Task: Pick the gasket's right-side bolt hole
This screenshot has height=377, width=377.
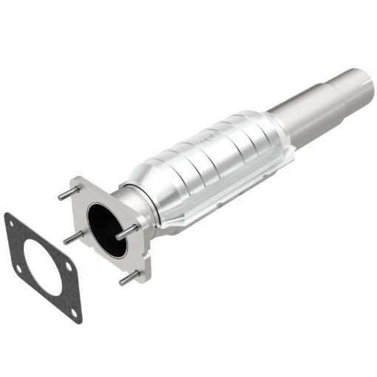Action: coord(68,265)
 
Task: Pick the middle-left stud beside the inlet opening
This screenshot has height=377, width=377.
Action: coord(72,237)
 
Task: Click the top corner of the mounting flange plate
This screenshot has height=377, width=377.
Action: coord(77,179)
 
